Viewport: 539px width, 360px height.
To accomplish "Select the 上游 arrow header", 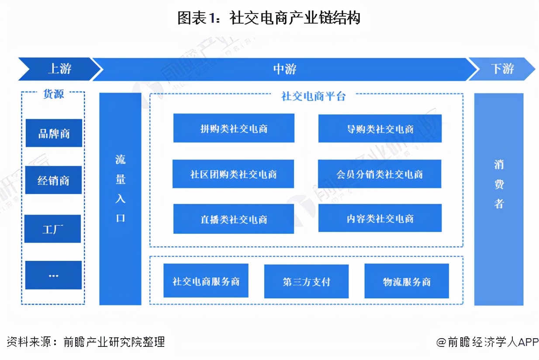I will pyautogui.click(x=59, y=69).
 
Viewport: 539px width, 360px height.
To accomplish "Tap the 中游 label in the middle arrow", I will pyautogui.click(x=285, y=69).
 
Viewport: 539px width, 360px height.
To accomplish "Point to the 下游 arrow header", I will pyautogui.click(x=502, y=69).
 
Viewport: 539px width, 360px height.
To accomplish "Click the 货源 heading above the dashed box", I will pyautogui.click(x=53, y=94).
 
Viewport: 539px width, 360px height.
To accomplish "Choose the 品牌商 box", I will pyautogui.click(x=54, y=133).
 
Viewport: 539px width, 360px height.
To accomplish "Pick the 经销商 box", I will pyautogui.click(x=53, y=180).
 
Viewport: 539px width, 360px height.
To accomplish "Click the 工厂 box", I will pyautogui.click(x=53, y=228).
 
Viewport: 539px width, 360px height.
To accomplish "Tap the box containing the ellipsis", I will pyautogui.click(x=53, y=275).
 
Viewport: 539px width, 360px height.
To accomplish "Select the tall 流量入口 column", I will pyautogui.click(x=121, y=199).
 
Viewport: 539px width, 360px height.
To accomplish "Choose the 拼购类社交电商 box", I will pyautogui.click(x=234, y=128).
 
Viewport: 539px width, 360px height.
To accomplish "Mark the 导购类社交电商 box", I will pyautogui.click(x=380, y=129).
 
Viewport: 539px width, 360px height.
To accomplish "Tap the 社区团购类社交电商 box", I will pyautogui.click(x=233, y=174).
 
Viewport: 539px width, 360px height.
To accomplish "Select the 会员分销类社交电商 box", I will pyautogui.click(x=380, y=174).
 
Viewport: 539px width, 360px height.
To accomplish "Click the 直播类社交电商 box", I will pyautogui.click(x=234, y=219).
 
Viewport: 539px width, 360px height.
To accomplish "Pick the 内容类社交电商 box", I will pyautogui.click(x=380, y=218).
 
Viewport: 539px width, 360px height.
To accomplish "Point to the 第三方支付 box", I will pyautogui.click(x=306, y=282).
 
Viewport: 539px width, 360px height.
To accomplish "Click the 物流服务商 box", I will pyautogui.click(x=407, y=281).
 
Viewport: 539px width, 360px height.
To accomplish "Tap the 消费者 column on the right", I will pyautogui.click(x=499, y=199).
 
